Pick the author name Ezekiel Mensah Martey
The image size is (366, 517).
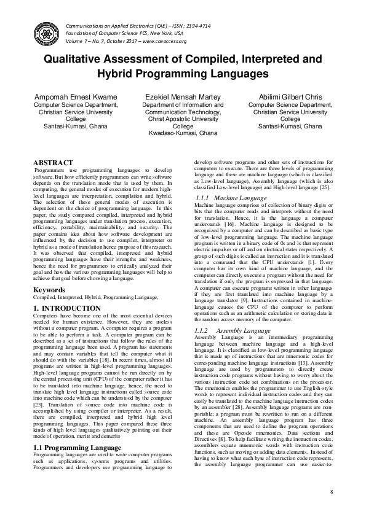point(183,97)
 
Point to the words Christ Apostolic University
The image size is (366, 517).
point(183,119)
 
